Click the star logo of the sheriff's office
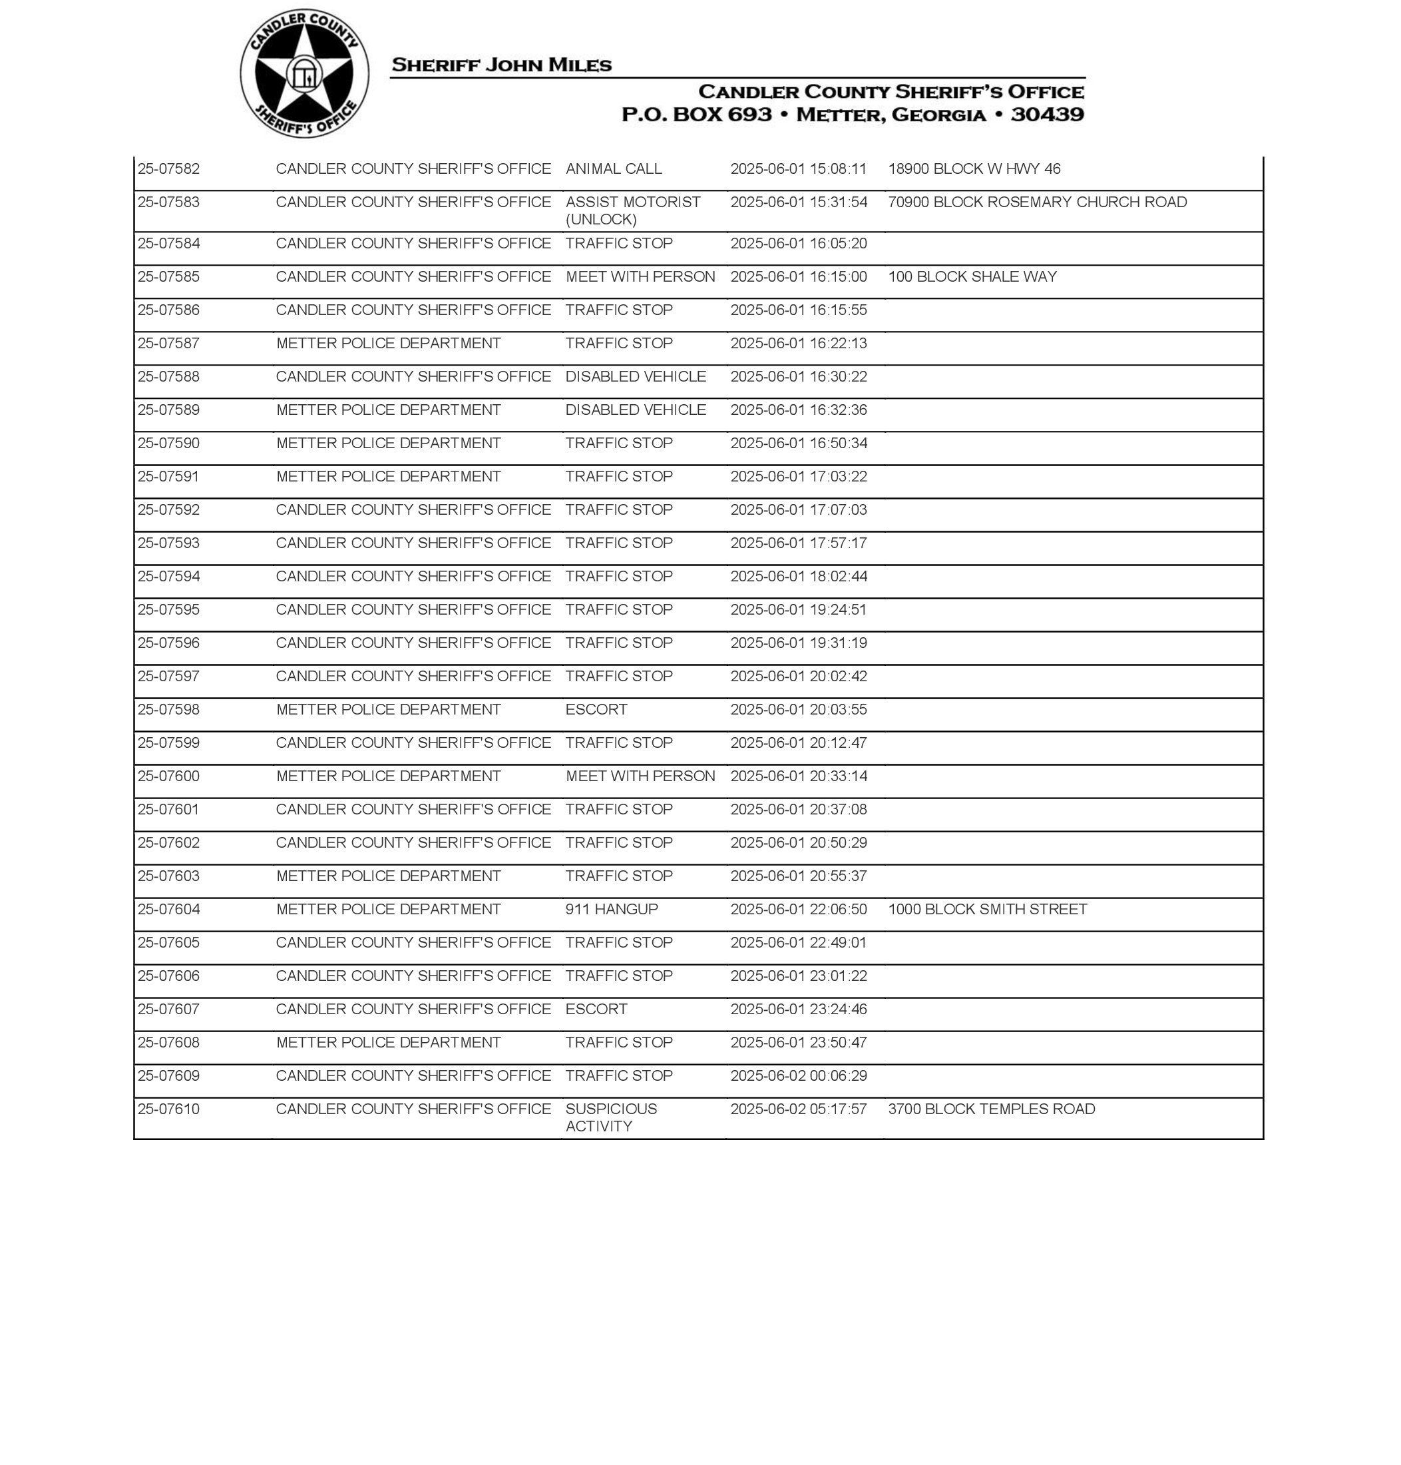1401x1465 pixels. pyautogui.click(x=304, y=73)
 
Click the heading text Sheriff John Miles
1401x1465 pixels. pyautogui.click(x=501, y=65)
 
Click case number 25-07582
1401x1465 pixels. pyautogui.click(x=169, y=169)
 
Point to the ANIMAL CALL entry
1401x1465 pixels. pyautogui.click(x=613, y=169)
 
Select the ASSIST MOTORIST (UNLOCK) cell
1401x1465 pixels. pyautogui.click(x=632, y=210)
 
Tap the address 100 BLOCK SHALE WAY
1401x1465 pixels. pyautogui.click(x=972, y=276)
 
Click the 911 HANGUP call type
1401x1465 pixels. pyautogui.click(x=612, y=909)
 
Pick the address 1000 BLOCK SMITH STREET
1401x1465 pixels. pyautogui.click(x=987, y=909)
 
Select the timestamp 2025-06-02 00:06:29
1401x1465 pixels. pyautogui.click(x=798, y=1076)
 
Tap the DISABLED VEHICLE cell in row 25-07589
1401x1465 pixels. pyautogui.click(x=636, y=410)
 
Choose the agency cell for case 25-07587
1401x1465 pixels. pyautogui.click(x=388, y=343)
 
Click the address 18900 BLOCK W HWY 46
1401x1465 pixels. pyautogui.click(x=974, y=169)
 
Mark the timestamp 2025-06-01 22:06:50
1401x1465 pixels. pyautogui.click(x=798, y=909)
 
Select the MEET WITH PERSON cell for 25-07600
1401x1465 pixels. pyautogui.click(x=640, y=776)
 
